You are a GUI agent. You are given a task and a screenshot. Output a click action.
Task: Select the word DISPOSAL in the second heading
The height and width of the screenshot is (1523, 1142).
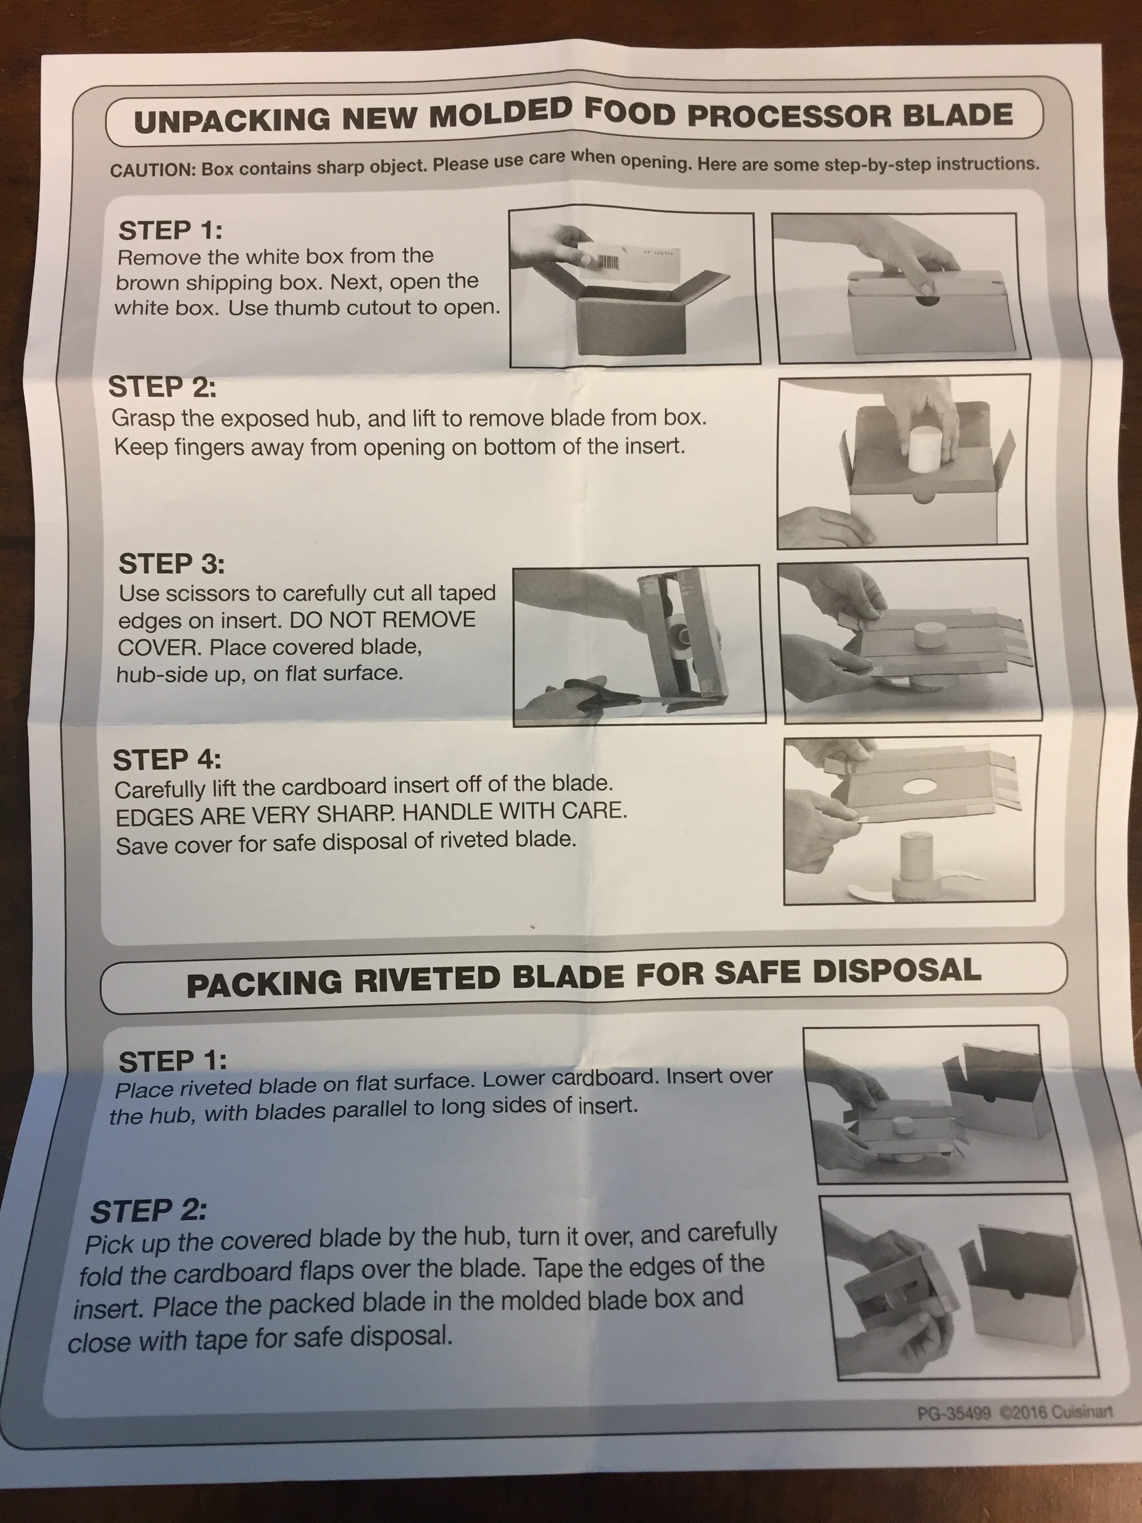coord(897,971)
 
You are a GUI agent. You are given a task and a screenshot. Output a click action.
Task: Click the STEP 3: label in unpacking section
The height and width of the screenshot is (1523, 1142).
coord(171,564)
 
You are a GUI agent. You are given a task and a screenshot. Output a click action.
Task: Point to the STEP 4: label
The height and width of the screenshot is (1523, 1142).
coord(167,760)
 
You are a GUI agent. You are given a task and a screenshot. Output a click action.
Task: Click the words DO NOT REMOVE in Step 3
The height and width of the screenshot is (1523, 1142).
coord(383,619)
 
